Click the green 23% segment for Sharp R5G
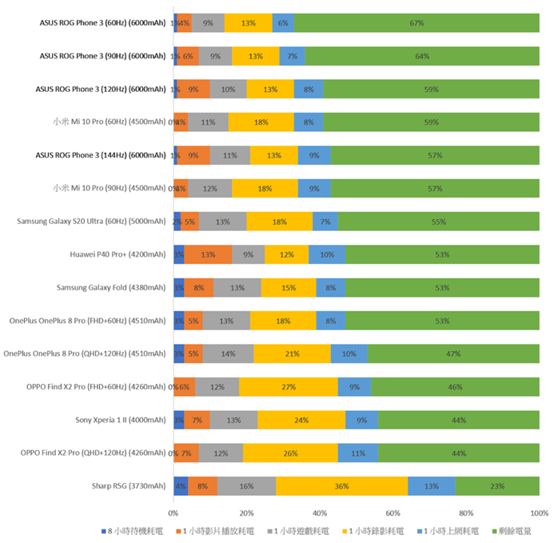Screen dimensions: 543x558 coord(496,485)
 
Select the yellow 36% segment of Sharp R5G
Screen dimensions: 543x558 coord(342,485)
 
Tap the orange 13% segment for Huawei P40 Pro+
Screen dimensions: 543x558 coord(208,255)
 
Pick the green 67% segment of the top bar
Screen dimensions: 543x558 coord(417,23)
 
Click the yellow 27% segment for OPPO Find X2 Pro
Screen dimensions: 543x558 coord(288,387)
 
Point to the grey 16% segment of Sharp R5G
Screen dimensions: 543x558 coord(246,485)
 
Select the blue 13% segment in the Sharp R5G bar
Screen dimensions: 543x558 coord(431,485)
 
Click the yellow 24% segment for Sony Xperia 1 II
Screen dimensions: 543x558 coord(301,420)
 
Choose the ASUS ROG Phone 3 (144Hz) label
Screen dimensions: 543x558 coord(102,155)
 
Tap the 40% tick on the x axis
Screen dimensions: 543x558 coord(320,513)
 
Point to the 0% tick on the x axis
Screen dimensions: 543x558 coord(173,513)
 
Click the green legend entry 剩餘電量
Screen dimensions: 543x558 coord(513,530)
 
